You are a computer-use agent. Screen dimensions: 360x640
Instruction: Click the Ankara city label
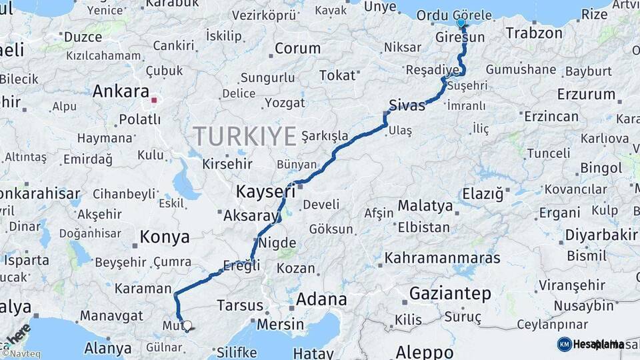[121, 91]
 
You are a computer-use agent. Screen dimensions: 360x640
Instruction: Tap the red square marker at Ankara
[154, 101]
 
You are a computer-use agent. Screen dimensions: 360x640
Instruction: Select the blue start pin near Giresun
[461, 23]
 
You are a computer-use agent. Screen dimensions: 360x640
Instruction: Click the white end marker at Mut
[187, 326]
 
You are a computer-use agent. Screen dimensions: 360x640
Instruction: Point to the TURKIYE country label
[245, 137]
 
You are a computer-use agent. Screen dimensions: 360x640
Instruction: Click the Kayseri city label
[265, 192]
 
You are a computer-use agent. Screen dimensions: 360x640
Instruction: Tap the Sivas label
[407, 105]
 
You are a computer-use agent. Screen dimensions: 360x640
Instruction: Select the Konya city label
[165, 237]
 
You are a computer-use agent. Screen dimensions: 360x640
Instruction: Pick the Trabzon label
[534, 33]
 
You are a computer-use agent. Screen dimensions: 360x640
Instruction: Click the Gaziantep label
[450, 293]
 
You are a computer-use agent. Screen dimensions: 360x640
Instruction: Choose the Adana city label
[321, 299]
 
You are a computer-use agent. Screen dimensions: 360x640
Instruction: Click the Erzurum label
[586, 94]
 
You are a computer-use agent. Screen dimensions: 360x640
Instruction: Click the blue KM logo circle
[564, 344]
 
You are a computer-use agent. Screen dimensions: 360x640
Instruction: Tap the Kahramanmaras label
[442, 257]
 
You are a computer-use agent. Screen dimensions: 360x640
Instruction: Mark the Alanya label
[108, 348]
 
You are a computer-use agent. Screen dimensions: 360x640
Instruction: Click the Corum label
[297, 48]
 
